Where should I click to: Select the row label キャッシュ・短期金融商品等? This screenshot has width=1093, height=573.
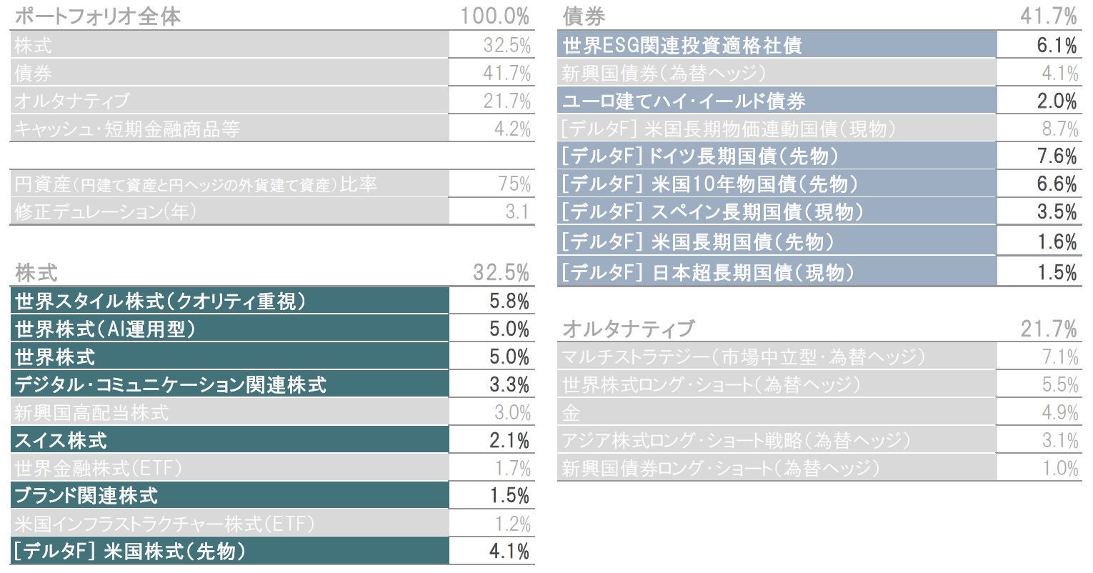tap(126, 129)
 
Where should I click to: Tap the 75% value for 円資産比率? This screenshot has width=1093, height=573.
tap(514, 184)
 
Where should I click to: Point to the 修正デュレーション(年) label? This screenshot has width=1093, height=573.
tap(105, 211)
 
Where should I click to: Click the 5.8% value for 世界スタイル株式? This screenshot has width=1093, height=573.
tap(509, 302)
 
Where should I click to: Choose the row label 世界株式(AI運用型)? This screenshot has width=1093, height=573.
tap(105, 329)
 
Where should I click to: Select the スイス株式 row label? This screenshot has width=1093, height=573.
tap(61, 440)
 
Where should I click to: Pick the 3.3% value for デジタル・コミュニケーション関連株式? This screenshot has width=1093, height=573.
tap(509, 385)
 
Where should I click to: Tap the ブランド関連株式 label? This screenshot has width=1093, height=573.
tap(86, 495)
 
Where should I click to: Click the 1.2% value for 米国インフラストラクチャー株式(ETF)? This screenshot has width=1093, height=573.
tap(513, 524)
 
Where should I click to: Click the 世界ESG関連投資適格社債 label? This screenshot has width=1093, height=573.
tap(682, 46)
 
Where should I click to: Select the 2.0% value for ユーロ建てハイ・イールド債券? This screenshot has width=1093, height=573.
tap(1057, 101)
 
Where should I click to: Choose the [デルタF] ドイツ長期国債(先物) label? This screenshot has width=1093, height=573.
tap(700, 156)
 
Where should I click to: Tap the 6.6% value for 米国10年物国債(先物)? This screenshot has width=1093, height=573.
tap(1057, 184)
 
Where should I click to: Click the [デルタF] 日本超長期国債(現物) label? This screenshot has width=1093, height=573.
tap(708, 272)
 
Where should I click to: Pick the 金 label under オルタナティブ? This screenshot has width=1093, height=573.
tap(570, 413)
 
